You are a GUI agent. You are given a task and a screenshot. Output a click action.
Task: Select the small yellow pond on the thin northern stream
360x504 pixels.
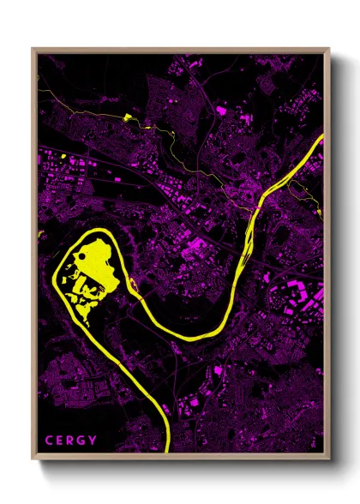(x=128, y=118)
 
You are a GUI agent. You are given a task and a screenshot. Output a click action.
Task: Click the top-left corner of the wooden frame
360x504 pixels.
(x=33, y=49)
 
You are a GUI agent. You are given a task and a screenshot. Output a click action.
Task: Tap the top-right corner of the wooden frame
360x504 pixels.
(x=330, y=49)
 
